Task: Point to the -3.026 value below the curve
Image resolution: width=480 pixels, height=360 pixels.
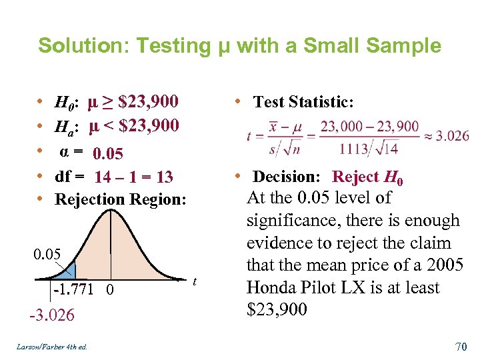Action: pyautogui.click(x=52, y=315)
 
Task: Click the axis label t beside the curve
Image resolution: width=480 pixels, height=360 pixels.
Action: pyautogui.click(x=195, y=282)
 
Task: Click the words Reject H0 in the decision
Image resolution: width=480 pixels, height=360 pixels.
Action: pyautogui.click(x=367, y=177)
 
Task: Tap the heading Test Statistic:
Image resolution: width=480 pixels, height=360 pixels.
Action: pyautogui.click(x=303, y=102)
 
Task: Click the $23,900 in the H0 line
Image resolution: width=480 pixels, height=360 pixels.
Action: pyautogui.click(x=147, y=102)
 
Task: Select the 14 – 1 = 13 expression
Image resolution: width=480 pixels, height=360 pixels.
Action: pyautogui.click(x=133, y=177)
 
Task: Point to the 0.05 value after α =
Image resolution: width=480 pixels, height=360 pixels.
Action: pyautogui.click(x=108, y=155)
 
